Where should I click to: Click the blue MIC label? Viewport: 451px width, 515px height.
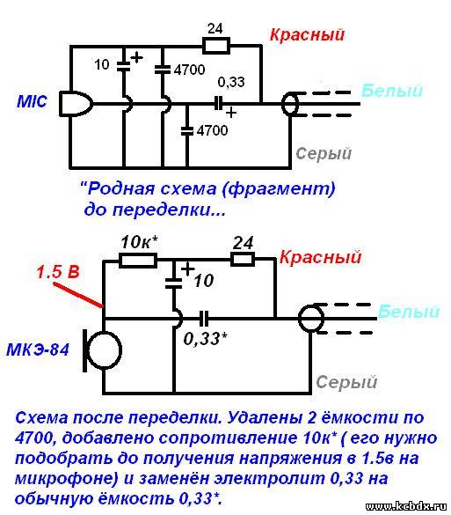32,101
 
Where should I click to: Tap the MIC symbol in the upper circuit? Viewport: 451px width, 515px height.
76,104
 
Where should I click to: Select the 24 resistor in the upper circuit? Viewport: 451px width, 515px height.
216,45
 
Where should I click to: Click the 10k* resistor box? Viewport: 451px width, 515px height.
138,261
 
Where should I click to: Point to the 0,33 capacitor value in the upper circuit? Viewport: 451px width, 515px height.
231,82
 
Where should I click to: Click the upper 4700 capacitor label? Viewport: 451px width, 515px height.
190,70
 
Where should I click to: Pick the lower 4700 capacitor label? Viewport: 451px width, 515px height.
212,130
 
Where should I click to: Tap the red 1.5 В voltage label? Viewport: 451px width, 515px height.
58,272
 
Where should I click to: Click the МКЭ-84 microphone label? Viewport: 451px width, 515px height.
38,349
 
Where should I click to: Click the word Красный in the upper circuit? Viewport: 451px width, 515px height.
308,35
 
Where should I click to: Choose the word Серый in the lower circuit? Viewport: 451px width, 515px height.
346,382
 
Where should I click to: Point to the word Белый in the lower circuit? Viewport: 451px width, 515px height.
409,312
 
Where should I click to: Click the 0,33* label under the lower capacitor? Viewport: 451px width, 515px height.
206,339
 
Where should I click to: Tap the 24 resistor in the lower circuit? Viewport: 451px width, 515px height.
243,260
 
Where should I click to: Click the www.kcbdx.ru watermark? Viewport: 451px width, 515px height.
406,506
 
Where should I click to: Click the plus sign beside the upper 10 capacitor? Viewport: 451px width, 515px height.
137,58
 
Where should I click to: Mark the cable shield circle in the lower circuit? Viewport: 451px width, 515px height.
311,318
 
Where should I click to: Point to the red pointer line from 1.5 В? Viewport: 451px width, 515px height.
77,295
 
